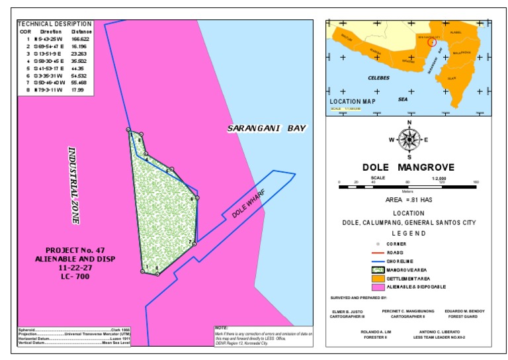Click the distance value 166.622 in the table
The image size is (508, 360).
79,39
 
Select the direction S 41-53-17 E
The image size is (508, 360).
50,67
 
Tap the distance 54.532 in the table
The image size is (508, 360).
79,75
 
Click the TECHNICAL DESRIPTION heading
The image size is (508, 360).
55,23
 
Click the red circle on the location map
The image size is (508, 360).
432,42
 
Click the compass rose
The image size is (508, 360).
410,139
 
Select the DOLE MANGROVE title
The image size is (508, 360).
409,167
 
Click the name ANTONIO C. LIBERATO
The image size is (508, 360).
437,331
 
